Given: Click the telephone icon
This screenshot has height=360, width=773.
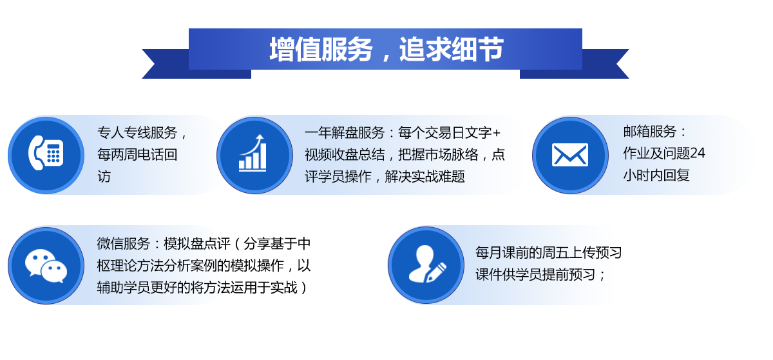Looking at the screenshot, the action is [x=46, y=153].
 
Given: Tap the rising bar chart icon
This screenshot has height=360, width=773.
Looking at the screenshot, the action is [x=253, y=153].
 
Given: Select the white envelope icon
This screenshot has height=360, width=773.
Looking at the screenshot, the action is [x=570, y=154].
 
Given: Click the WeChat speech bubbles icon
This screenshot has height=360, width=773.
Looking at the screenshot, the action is [x=46, y=266].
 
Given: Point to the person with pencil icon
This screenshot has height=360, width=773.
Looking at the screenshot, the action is [x=427, y=264].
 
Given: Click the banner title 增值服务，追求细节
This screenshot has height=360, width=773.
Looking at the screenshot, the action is [x=386, y=50].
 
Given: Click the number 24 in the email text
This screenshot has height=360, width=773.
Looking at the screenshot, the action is [x=698, y=154].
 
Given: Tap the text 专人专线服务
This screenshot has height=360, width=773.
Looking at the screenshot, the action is [x=137, y=133].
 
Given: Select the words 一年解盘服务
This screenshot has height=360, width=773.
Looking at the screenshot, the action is [x=345, y=133].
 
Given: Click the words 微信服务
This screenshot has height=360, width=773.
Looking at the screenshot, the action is [x=124, y=244].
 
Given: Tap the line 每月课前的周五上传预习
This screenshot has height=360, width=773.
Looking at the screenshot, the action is [x=549, y=252].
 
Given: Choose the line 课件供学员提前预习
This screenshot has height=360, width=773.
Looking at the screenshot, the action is [x=535, y=275].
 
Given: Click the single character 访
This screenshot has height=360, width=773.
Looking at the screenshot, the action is [x=104, y=177].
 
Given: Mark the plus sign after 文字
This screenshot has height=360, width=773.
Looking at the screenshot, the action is [x=496, y=133].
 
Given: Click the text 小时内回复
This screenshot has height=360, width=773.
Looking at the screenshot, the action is [x=656, y=175].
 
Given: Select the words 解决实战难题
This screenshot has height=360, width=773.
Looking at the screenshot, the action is [x=425, y=177].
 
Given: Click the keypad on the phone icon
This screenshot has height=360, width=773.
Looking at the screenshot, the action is [x=53, y=153].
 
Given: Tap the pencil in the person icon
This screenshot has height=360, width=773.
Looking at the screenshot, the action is [x=436, y=273].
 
